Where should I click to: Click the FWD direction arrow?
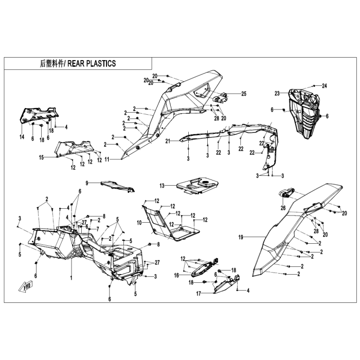click(25, 287)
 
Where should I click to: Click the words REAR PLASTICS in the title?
click(92, 64)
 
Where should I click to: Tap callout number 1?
click(71, 278)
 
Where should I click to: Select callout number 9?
click(87, 183)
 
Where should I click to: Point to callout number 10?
click(139, 223)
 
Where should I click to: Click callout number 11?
click(107, 159)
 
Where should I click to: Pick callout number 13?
click(162, 186)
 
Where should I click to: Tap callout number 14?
click(22, 137)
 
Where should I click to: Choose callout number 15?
click(41, 158)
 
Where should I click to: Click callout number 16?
click(176, 275)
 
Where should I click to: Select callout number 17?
click(199, 294)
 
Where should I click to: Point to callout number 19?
click(241, 237)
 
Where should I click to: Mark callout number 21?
click(168, 141)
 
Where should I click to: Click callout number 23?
click(277, 94)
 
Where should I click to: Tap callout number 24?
click(324, 86)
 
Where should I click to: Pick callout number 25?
click(244, 94)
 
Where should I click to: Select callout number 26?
click(283, 208)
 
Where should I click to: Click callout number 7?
click(98, 229)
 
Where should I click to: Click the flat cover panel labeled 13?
click(197, 186)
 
